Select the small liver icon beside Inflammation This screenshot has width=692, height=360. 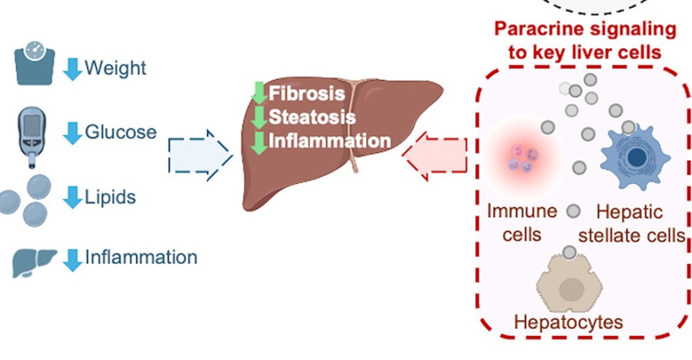(x=35, y=261)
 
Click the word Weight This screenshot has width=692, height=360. (x=115, y=68)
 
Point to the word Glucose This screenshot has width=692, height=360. (x=121, y=132)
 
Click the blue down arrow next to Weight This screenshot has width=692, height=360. (x=72, y=68)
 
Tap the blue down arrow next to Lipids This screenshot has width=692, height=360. (x=72, y=197)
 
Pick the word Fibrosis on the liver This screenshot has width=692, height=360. (x=307, y=94)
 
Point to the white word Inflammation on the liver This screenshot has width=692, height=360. (x=329, y=141)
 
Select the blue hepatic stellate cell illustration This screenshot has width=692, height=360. (x=634, y=158)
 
